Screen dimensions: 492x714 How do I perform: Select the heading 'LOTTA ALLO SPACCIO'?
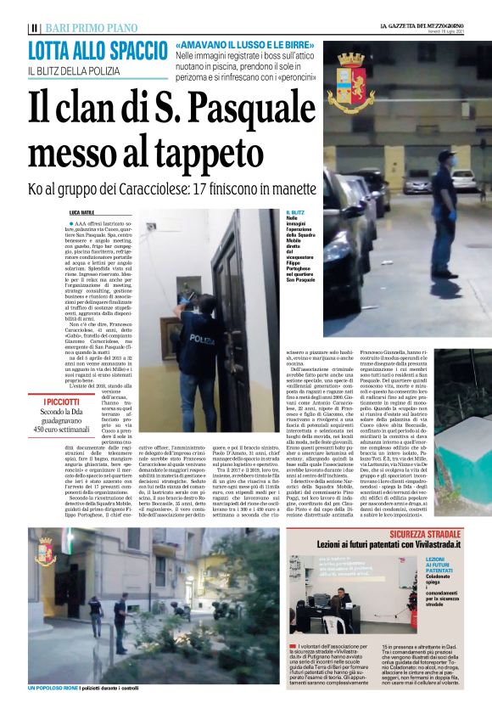[97, 50]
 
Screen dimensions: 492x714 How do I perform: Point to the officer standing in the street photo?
[444, 208]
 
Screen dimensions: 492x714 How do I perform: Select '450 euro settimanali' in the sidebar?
[62, 430]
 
